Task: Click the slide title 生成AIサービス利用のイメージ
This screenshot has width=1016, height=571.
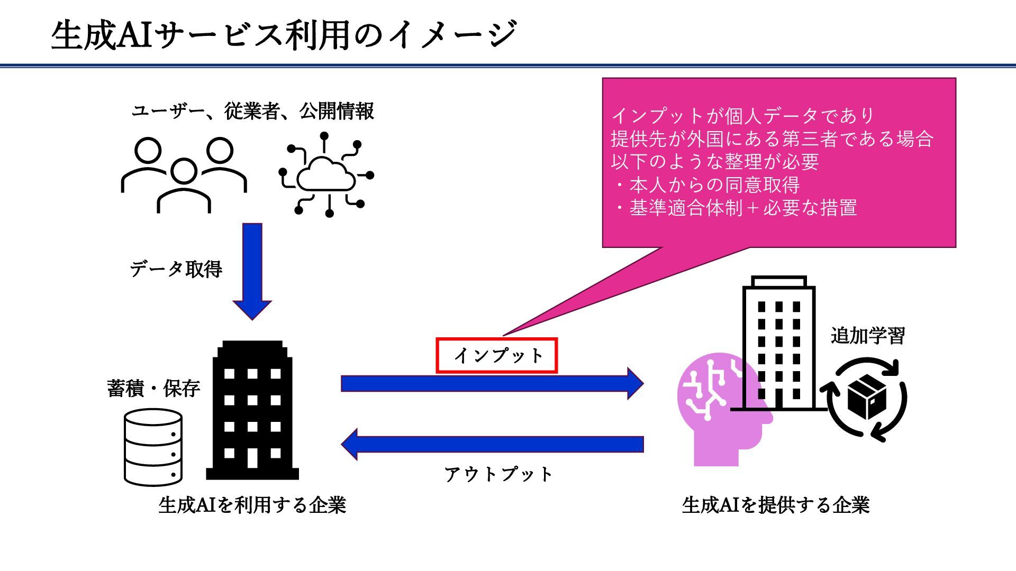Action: [284, 35]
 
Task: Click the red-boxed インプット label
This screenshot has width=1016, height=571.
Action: [497, 356]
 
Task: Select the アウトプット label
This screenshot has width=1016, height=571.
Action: [498, 474]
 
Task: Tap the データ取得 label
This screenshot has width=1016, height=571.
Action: [176, 269]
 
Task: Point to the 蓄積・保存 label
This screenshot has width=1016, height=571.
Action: [153, 389]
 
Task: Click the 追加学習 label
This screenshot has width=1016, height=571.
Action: [867, 336]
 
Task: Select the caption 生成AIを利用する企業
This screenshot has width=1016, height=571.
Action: [252, 505]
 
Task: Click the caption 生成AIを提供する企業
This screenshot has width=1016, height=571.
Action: [776, 505]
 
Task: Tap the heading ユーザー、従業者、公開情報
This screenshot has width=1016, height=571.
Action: [252, 111]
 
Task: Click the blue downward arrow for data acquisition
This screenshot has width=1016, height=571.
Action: [252, 270]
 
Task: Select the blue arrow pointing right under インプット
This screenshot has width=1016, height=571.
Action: [492, 383]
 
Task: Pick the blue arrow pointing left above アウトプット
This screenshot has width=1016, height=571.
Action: [492, 444]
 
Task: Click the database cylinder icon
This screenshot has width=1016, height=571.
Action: [153, 447]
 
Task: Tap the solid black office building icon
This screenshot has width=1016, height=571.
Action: [252, 410]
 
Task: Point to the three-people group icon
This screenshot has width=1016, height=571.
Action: [184, 174]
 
